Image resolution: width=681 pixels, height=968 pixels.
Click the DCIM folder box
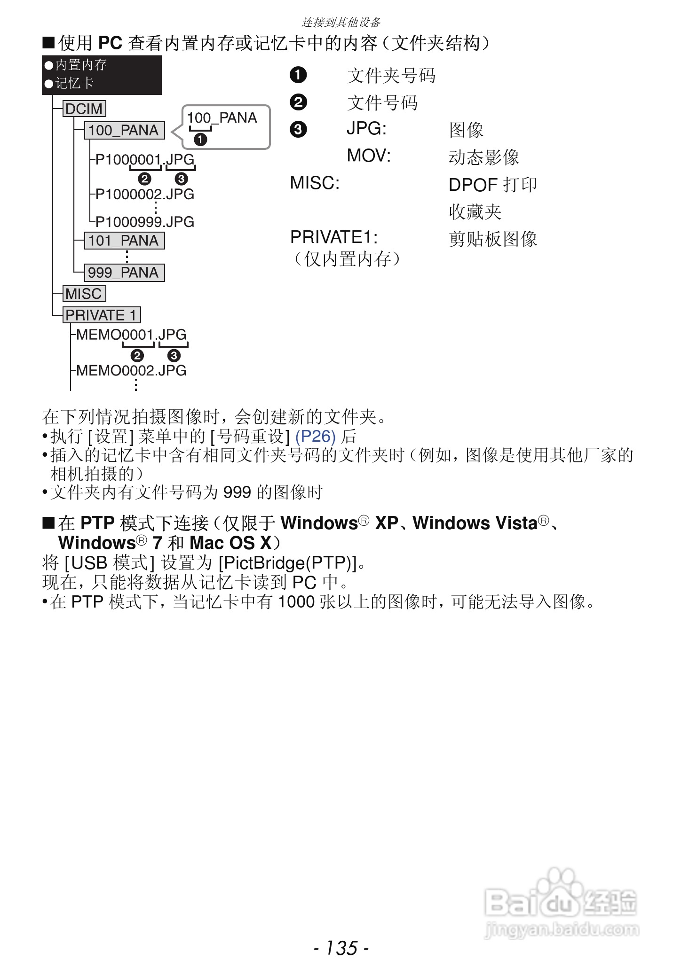pyautogui.click(x=84, y=109)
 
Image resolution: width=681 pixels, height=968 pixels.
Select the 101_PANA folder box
pyautogui.click(x=124, y=241)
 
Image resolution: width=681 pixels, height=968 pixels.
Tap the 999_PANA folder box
pyautogui.click(x=124, y=273)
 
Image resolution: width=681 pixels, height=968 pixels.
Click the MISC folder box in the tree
pyautogui.click(x=84, y=294)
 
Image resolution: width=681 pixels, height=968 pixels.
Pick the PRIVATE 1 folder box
pyautogui.click(x=102, y=315)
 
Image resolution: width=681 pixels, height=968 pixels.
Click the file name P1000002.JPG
pyautogui.click(x=145, y=194)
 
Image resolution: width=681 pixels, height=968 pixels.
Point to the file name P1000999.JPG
pyautogui.click(x=145, y=222)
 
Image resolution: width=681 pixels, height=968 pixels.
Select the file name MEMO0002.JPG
pyautogui.click(x=131, y=370)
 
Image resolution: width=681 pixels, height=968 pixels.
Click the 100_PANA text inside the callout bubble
pyautogui.click(x=222, y=117)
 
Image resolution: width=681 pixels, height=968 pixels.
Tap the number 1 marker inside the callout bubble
pyautogui.click(x=201, y=140)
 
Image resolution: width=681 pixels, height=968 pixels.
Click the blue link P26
pyautogui.click(x=315, y=437)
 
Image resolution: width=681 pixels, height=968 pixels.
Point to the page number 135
pyautogui.click(x=341, y=948)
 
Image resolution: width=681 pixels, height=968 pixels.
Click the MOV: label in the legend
pyautogui.click(x=369, y=156)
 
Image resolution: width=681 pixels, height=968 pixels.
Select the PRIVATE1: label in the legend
pyautogui.click(x=334, y=237)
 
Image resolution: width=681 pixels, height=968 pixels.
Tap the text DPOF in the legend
pyautogui.click(x=473, y=185)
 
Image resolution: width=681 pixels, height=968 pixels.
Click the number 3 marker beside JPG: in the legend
pyautogui.click(x=298, y=129)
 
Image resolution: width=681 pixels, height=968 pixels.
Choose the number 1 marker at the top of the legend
pyautogui.click(x=298, y=75)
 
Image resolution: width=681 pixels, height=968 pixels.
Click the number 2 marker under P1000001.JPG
pyautogui.click(x=144, y=179)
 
